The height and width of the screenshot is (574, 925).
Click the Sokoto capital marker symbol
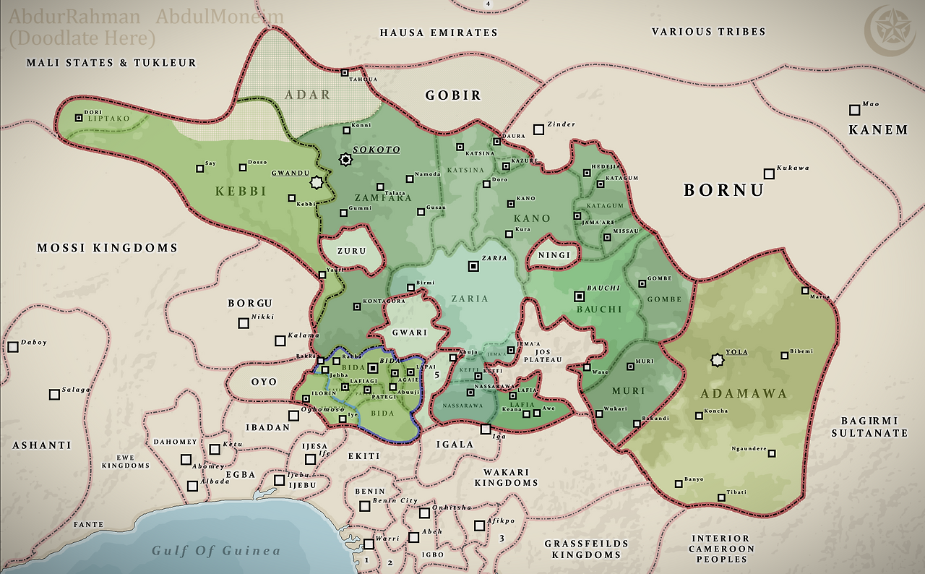pos(346,159)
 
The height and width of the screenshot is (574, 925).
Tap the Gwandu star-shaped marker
pos(315,183)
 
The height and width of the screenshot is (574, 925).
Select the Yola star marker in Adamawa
pos(717,359)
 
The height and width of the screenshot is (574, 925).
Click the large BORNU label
pos(723,190)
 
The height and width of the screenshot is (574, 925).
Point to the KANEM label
pos(878,130)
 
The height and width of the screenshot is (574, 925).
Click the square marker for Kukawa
pos(769,174)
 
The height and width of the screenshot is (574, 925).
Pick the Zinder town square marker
pos(538,129)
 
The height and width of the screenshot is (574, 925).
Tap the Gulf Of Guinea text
pos(215,551)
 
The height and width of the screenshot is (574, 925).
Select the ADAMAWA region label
pos(744,394)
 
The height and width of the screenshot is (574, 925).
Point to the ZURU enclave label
pos(351,252)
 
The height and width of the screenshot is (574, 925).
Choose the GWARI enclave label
pos(410,333)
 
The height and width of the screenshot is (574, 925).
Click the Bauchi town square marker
pos(579,296)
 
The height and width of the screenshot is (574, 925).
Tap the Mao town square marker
pos(855,110)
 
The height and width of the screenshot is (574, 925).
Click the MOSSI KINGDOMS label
pos(107,248)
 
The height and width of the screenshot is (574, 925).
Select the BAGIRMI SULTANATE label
pos(869,427)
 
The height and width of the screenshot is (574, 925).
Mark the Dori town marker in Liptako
pos(79,117)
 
